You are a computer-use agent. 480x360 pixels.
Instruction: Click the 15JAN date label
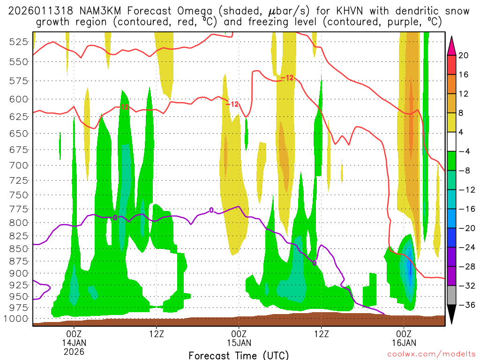tap(239, 343)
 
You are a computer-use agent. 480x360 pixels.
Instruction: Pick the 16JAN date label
tap(404, 343)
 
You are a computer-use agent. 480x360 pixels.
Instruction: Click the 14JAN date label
tap(74, 343)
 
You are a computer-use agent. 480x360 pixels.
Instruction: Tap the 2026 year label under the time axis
tap(74, 351)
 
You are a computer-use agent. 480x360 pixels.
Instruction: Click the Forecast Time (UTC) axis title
tap(239, 355)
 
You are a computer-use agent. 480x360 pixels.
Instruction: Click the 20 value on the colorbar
tap(464, 55)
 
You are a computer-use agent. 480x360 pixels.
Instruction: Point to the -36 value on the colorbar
tap(464, 305)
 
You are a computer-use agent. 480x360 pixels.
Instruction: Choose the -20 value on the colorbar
tap(464, 228)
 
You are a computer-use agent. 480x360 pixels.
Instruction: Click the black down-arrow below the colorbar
tap(451, 315)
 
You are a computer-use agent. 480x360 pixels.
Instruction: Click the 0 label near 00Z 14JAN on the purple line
tap(115, 217)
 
